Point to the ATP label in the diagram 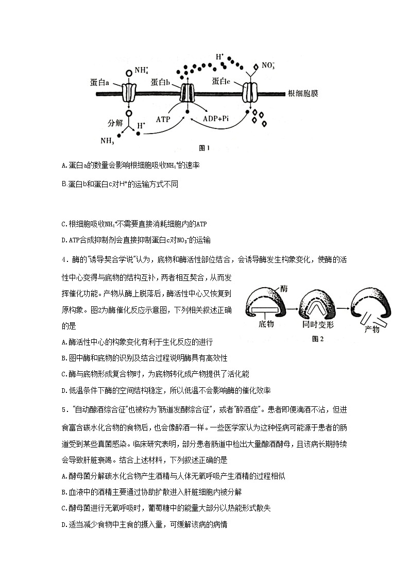pos(163,118)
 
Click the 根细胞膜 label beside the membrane pos(303,94)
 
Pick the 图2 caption pos(318,339)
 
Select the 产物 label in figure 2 pos(371,329)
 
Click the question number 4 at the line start pos(63,259)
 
